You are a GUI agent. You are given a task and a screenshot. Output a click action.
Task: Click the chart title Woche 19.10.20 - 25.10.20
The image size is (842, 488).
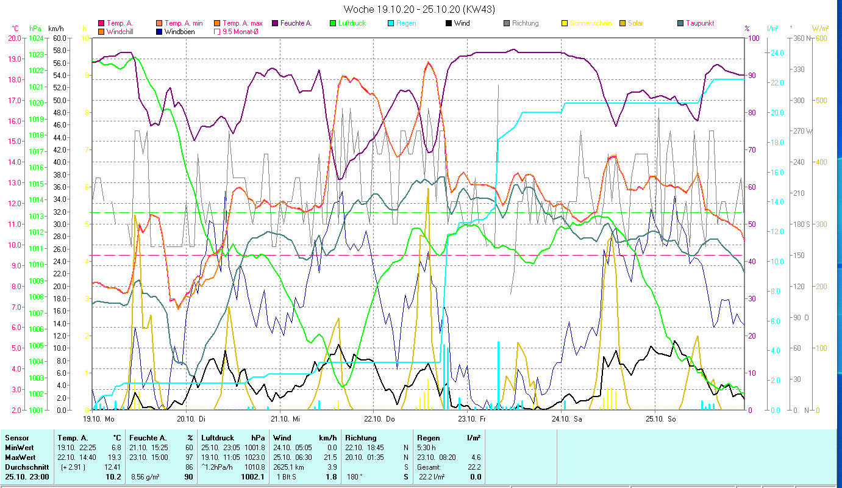pos(419,9)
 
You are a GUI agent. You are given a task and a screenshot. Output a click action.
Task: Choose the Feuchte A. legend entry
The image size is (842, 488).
pos(295,23)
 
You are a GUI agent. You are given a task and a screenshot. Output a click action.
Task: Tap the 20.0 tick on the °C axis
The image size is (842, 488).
pos(13,38)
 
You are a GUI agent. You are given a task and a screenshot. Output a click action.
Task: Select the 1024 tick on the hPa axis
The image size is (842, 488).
pos(36,38)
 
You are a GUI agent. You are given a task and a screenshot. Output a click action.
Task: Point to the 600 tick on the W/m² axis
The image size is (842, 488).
pos(821,38)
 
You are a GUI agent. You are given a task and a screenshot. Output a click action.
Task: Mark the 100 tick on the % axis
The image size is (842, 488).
pos(753,38)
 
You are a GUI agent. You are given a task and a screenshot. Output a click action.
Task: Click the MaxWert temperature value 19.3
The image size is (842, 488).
pos(113,457)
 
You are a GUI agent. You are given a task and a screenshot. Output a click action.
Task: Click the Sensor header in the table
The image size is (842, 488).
pos(16,437)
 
